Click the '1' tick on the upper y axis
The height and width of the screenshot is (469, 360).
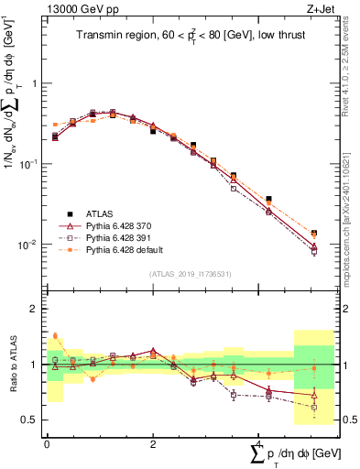point(36,83)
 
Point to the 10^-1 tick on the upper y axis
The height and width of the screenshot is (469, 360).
point(29,164)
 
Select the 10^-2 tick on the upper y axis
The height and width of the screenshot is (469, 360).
point(29,245)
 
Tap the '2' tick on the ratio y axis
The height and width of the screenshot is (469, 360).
point(36,309)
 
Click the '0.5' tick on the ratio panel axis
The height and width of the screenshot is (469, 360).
point(31,420)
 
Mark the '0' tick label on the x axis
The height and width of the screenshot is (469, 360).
point(47,443)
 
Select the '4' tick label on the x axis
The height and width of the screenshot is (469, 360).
point(258,443)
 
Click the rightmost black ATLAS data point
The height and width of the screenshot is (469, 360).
point(314,234)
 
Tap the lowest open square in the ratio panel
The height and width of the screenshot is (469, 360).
point(314,406)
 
